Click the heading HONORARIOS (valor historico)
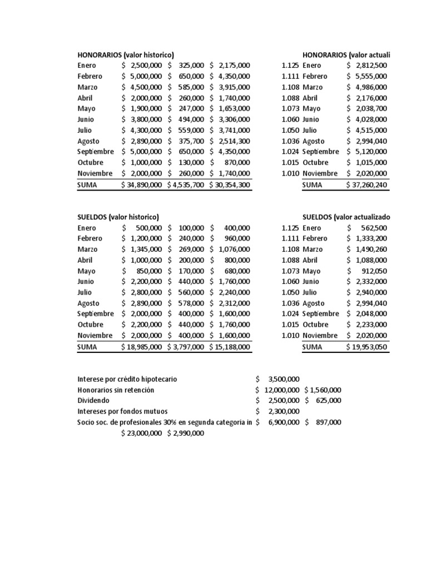126,54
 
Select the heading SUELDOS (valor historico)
118,217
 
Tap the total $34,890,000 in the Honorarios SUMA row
142,184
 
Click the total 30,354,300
230,184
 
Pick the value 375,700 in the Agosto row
190,141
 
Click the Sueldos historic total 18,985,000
142,347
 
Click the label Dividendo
94,400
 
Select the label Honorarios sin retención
116,390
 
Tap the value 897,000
326,422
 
